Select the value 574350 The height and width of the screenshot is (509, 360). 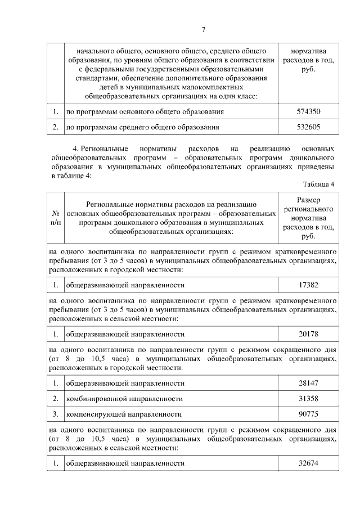coord(308,112)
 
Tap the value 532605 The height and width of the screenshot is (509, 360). coord(308,127)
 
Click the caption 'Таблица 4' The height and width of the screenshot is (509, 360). coord(318,184)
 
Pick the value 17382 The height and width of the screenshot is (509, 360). coord(308,285)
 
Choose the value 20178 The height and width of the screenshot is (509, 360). coord(308,334)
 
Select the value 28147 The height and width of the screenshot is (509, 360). coord(308,383)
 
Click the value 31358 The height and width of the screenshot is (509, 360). coord(308,399)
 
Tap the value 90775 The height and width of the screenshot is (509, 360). coord(308,415)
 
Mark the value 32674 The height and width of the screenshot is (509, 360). coord(308,463)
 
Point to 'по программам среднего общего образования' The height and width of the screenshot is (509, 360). coord(142,127)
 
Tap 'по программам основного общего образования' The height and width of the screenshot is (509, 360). coord(145,112)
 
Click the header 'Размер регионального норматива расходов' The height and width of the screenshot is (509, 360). coord(308,218)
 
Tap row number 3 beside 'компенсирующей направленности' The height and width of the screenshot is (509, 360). coord(56,415)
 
